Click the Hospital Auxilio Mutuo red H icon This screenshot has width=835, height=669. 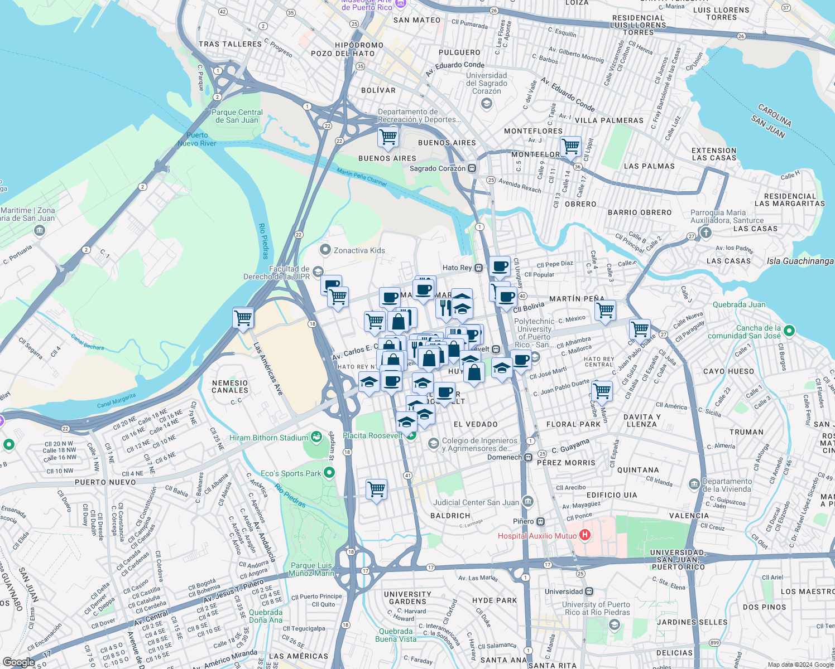(584, 535)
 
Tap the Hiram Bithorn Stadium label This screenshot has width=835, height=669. (268, 438)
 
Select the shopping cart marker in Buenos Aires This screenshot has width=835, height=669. (388, 137)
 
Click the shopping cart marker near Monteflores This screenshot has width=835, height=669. (570, 147)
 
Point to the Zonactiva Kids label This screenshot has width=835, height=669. (359, 250)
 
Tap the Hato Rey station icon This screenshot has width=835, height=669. (479, 268)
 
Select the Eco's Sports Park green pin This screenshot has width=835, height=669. (329, 473)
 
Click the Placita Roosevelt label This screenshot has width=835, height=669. (372, 435)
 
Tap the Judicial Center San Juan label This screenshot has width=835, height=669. (476, 502)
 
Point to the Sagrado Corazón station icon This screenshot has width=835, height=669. (472, 168)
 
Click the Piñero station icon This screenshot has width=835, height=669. (540, 521)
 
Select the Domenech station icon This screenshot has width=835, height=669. (528, 457)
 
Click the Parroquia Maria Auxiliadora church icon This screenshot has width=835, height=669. (706, 232)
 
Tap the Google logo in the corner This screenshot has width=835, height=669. (18, 662)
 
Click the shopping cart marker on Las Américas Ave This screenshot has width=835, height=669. (243, 318)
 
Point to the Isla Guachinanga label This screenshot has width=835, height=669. (800, 261)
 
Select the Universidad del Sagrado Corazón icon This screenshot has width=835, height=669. (487, 103)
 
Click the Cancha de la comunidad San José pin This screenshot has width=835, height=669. (789, 331)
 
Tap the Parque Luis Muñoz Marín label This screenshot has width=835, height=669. (311, 569)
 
